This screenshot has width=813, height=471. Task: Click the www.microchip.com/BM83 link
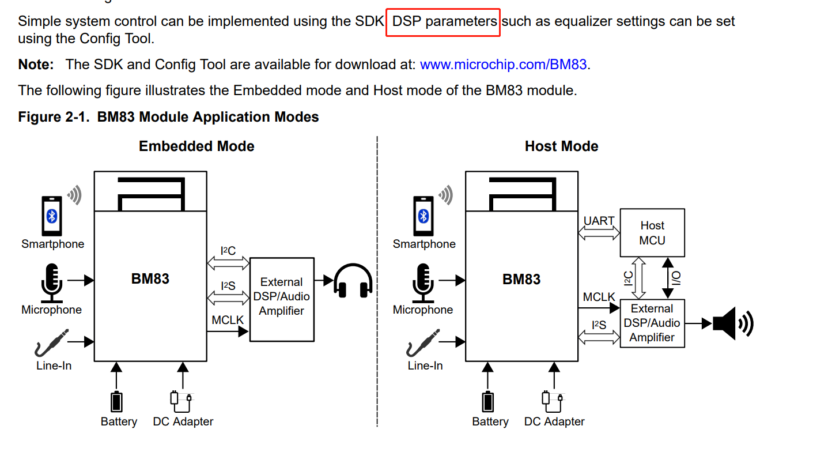[x=503, y=64]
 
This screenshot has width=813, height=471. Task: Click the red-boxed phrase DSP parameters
[x=444, y=22]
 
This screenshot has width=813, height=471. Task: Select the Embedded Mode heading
[x=196, y=146]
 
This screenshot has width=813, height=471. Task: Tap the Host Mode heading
[x=561, y=146]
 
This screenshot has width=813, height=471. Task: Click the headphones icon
[x=353, y=281]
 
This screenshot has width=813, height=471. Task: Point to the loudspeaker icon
[x=732, y=323]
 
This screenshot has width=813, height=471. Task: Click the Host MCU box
[x=652, y=233]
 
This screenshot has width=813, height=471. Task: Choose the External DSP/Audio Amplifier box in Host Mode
[x=652, y=323]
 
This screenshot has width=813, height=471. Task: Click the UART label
[x=599, y=221]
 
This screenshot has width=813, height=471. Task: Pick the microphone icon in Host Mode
[x=423, y=282]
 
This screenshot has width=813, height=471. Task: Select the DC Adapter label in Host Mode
[x=554, y=422]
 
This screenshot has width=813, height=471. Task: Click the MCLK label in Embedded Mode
[x=228, y=319]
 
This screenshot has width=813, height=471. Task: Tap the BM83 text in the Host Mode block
[x=521, y=279]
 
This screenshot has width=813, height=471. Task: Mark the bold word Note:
[x=36, y=64]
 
